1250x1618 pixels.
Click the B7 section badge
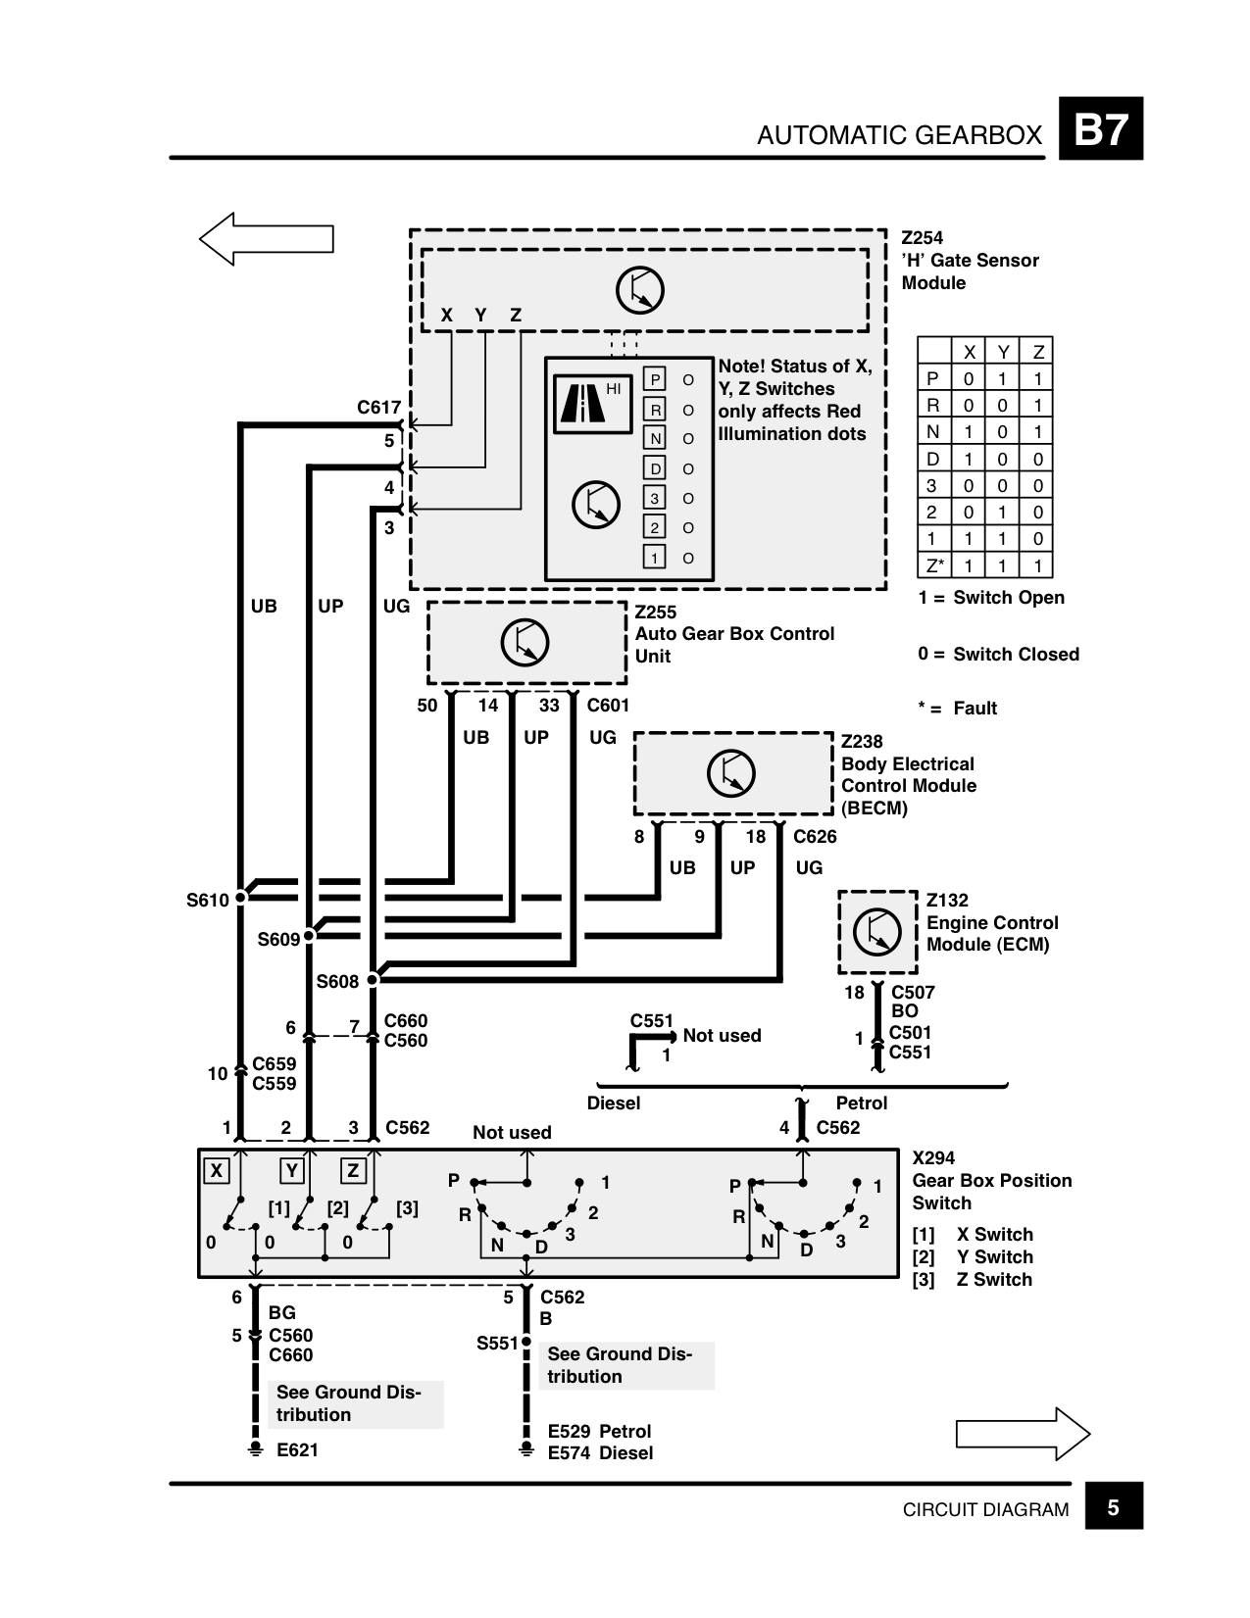click(x=1100, y=128)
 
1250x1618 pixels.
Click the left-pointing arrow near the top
click(x=266, y=238)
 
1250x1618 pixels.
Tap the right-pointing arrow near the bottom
click(x=1023, y=1434)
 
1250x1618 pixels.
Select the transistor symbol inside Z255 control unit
click(x=525, y=643)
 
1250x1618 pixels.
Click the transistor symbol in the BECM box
click(x=730, y=773)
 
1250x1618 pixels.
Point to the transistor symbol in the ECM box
click(x=876, y=931)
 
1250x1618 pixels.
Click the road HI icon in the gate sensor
click(x=592, y=404)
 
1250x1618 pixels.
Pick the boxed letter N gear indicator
click(x=654, y=438)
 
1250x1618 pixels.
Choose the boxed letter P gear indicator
click(x=654, y=379)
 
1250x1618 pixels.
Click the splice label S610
click(x=207, y=901)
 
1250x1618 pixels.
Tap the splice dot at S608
click(x=373, y=980)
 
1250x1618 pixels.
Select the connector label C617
click(x=378, y=408)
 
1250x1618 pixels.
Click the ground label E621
click(x=297, y=1449)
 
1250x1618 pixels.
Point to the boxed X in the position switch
click(x=216, y=1170)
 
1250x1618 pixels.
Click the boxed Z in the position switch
click(x=353, y=1170)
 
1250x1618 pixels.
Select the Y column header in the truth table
click(x=1003, y=352)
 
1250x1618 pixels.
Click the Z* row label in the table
click(x=934, y=565)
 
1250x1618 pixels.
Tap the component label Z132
click(x=947, y=901)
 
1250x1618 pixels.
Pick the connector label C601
click(x=608, y=706)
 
